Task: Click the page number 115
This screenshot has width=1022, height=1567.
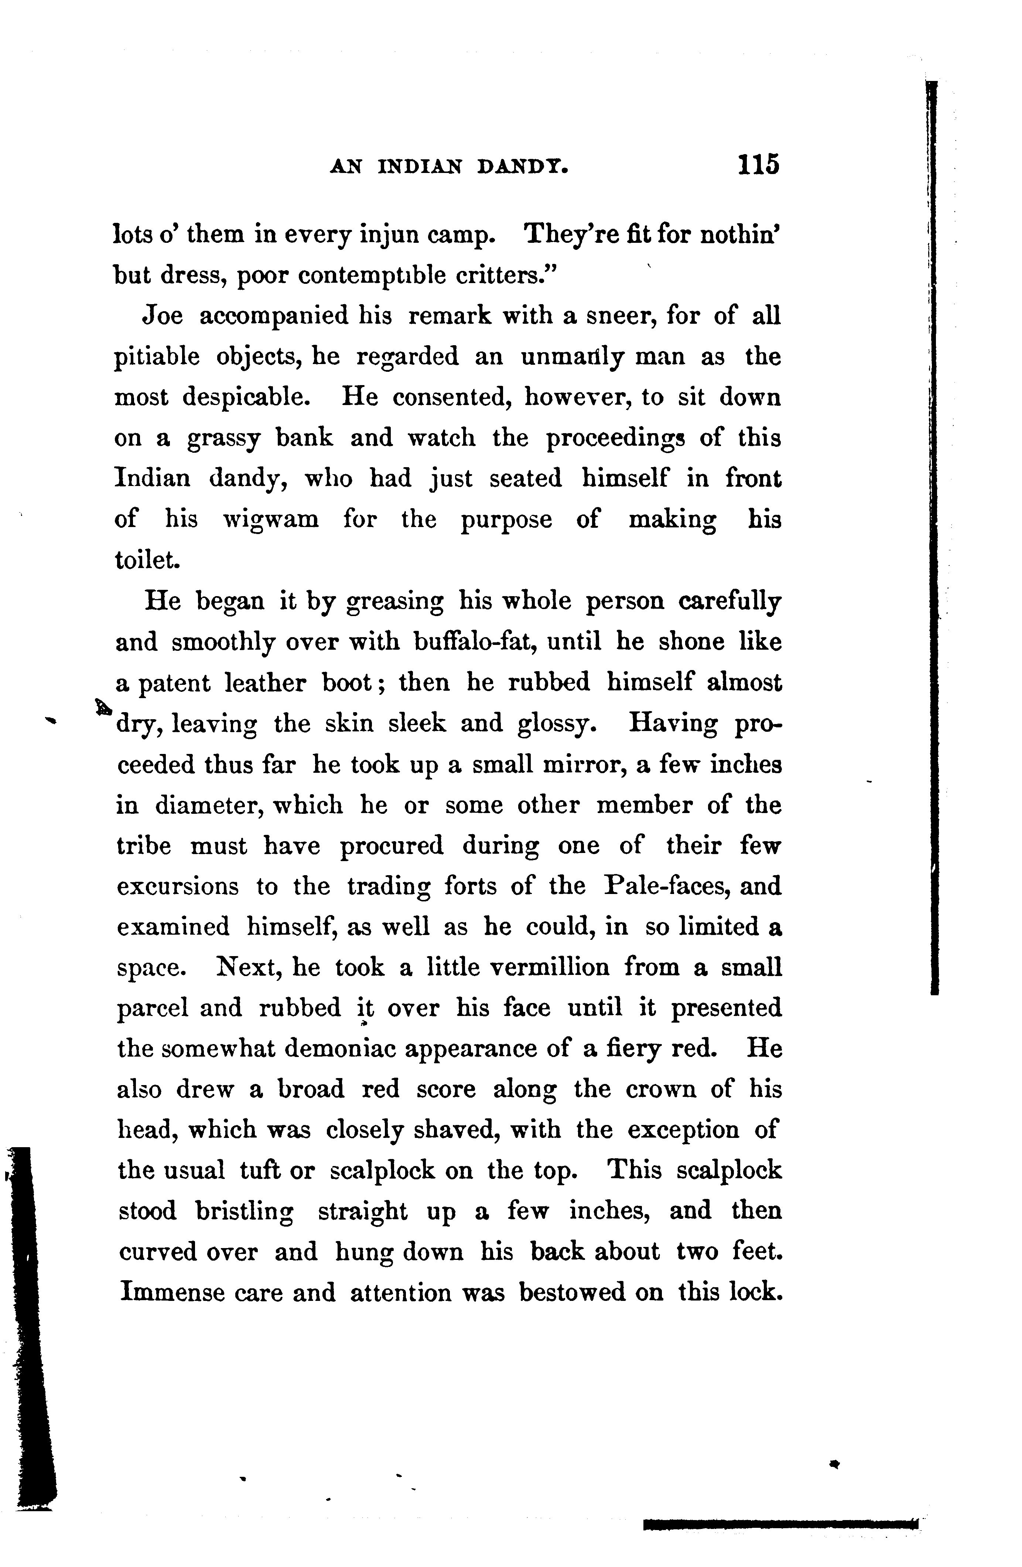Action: coord(758,164)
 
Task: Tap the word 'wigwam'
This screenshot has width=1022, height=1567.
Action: coord(270,520)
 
